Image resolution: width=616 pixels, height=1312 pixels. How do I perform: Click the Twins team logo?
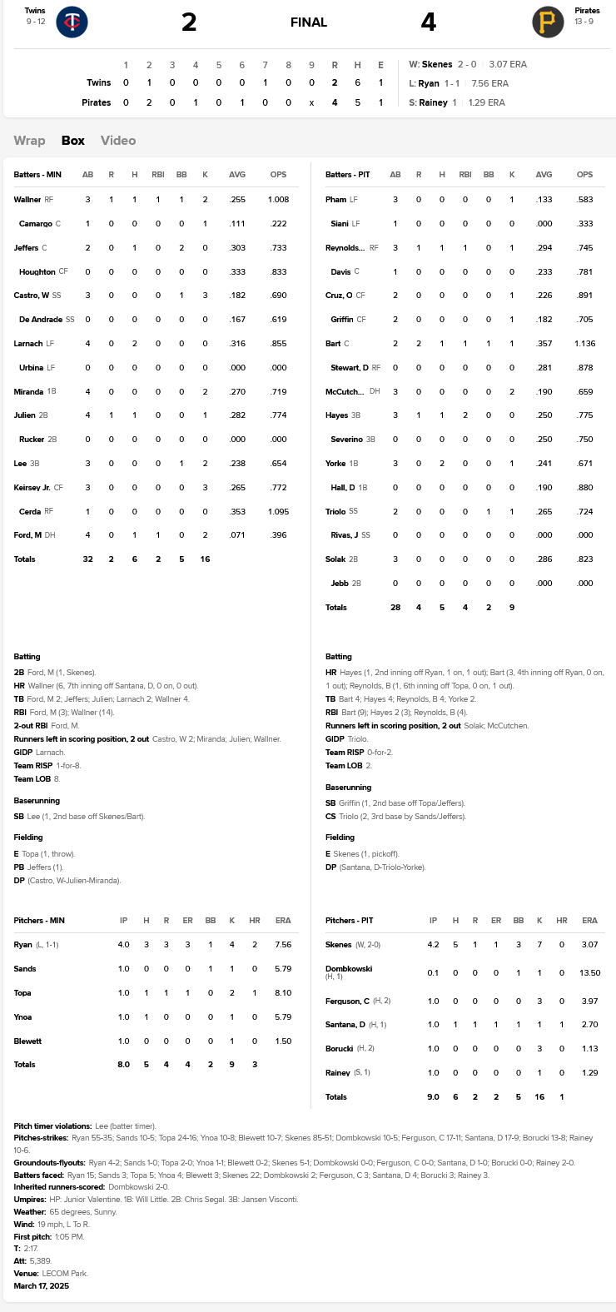72,22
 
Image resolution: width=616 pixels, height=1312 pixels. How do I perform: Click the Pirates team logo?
547,22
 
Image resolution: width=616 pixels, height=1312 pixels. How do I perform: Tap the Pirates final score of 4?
428,22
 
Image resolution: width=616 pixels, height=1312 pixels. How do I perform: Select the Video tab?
118,141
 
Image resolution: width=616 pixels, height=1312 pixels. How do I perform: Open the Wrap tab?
29,141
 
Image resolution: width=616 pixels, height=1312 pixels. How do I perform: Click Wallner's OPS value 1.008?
278,200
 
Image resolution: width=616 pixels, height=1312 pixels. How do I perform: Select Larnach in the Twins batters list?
28,344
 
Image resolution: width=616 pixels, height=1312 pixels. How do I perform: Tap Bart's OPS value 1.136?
590,344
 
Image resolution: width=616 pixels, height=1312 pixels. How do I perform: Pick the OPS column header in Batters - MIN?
278,175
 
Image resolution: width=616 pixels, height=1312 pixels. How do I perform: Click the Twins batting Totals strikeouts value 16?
205,559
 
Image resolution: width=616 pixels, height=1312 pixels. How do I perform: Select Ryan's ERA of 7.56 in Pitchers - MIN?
283,945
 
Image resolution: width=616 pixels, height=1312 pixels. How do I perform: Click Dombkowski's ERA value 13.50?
590,972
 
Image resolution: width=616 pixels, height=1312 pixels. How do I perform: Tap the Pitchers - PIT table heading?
350,921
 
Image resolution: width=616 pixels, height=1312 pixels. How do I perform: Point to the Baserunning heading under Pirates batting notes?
348,788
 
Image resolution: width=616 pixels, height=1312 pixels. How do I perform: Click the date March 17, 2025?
42,1286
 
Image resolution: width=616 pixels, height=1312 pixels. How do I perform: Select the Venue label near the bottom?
26,1274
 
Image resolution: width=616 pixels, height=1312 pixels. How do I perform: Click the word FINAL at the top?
309,22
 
